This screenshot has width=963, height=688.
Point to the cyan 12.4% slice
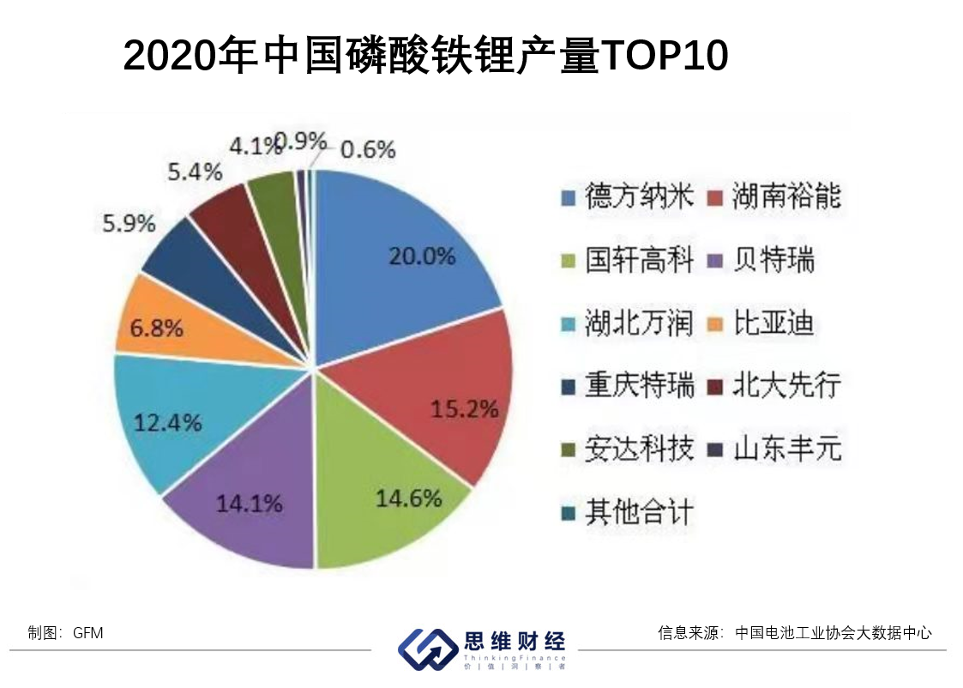[x=172, y=420]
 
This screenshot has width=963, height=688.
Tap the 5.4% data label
[x=195, y=172]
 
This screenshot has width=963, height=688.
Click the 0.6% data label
[x=368, y=150]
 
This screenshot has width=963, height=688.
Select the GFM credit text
[x=87, y=633]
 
